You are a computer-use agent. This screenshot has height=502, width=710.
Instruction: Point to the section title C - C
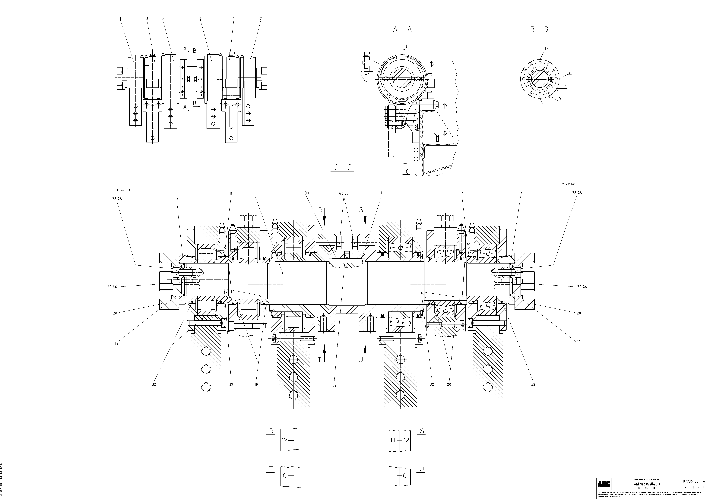point(342,168)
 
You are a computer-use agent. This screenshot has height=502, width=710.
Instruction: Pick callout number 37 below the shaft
point(334,385)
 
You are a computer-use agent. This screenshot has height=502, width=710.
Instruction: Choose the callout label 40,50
point(344,194)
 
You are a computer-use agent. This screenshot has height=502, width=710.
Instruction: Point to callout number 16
point(231,194)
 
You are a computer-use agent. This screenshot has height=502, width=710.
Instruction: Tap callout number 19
point(256,385)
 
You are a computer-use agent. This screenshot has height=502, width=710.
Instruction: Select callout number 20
point(449,385)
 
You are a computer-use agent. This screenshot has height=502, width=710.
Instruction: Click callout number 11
point(382,193)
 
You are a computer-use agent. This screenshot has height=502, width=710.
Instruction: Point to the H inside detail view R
point(297,440)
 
